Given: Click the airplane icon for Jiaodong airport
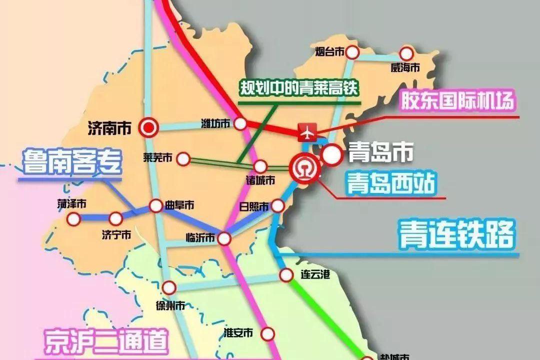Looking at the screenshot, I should [x=306, y=132].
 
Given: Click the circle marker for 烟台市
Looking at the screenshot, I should [x=353, y=52].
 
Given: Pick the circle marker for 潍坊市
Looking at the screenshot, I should [x=241, y=123].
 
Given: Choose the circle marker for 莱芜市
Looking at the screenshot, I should [x=183, y=159].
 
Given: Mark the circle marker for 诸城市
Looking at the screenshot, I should [x=260, y=166].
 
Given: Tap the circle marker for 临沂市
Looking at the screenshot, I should [x=224, y=238].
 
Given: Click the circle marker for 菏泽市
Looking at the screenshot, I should [x=74, y=218].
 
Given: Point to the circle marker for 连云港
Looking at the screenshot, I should [x=286, y=274].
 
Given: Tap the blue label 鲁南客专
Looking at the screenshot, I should [x=71, y=162].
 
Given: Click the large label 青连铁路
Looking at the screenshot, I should [x=456, y=235].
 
